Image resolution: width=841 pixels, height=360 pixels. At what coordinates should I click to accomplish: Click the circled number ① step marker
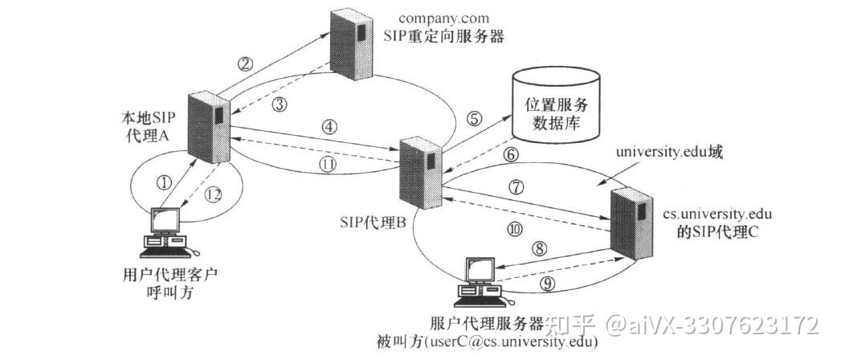(165, 182)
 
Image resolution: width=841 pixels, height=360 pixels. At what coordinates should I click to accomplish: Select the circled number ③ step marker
(279, 104)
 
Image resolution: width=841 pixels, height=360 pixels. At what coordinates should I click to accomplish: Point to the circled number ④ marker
(327, 126)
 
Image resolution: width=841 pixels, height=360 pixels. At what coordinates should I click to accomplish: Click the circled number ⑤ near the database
(475, 118)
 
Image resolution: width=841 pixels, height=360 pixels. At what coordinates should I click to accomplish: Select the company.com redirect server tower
(354, 45)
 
